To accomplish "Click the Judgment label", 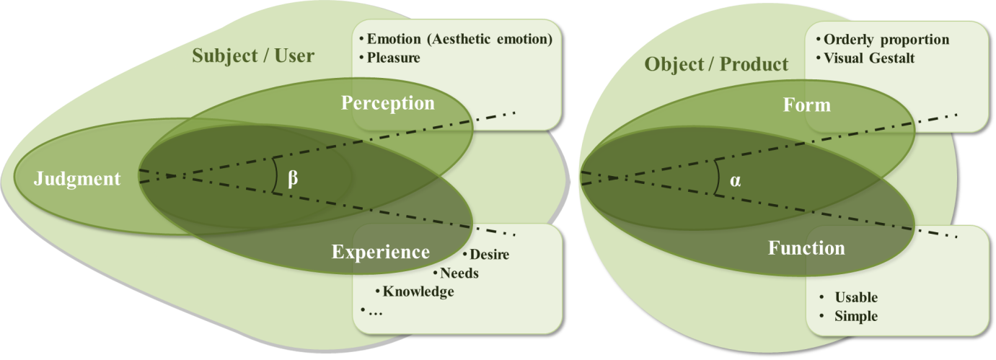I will click(x=77, y=178).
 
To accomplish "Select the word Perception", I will click(x=388, y=103).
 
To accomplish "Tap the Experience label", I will click(x=380, y=252).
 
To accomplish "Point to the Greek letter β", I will click(x=293, y=178).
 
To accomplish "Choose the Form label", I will click(x=807, y=105).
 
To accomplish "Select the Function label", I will click(x=806, y=248).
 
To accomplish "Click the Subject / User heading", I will click(x=253, y=55).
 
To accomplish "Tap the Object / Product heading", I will click(x=716, y=64).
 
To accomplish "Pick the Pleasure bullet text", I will click(x=394, y=57).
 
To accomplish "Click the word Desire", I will click(x=489, y=255).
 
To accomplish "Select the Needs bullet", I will click(x=459, y=273).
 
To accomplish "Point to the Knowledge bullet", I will click(x=418, y=291).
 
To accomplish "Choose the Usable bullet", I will click(x=856, y=297).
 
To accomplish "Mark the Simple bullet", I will click(x=856, y=316).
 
